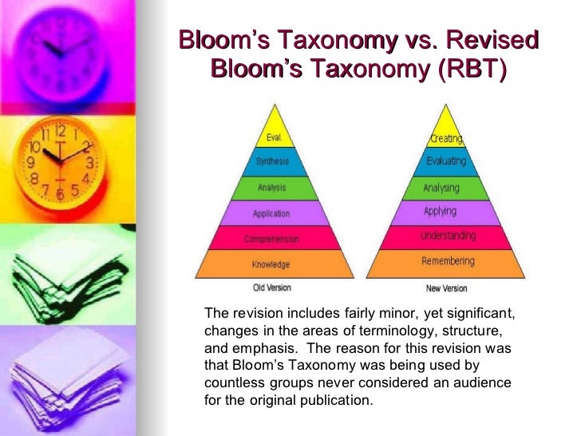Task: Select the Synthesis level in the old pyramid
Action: click(272, 162)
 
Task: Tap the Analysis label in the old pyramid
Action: click(272, 188)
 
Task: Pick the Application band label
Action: click(271, 214)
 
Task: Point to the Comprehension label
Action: click(271, 239)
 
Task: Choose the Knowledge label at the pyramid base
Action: click(271, 264)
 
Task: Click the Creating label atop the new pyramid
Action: click(446, 138)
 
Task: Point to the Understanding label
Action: click(448, 236)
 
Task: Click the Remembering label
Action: click(448, 261)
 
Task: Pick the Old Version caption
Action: click(272, 287)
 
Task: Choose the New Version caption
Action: click(446, 288)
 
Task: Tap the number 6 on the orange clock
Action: click(60, 194)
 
